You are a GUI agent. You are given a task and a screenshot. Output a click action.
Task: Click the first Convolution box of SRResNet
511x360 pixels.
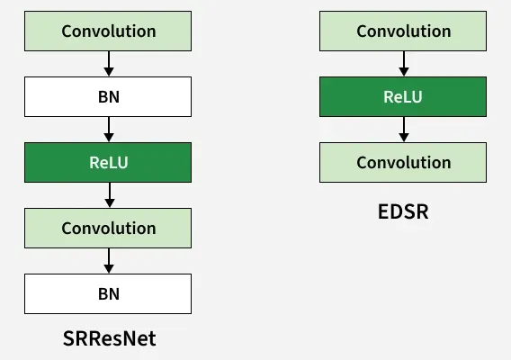(x=108, y=31)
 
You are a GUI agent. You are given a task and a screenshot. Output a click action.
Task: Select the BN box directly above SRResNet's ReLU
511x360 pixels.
(x=108, y=96)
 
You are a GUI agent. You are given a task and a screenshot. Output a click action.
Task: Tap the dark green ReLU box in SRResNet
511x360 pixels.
(x=108, y=162)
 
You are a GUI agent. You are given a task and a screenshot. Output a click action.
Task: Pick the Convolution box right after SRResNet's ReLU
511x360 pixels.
(x=108, y=228)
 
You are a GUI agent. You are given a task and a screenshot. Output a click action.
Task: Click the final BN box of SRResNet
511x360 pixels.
(x=108, y=293)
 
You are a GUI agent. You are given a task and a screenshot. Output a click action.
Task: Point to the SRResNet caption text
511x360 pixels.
(x=109, y=338)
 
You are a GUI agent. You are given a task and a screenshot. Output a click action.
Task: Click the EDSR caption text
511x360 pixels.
(x=403, y=212)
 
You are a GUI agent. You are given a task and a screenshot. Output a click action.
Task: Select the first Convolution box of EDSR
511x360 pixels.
(x=403, y=31)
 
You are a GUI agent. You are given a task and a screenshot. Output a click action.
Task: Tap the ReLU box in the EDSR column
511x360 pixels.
(x=403, y=96)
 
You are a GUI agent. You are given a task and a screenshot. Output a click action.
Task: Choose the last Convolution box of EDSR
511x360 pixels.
(x=403, y=162)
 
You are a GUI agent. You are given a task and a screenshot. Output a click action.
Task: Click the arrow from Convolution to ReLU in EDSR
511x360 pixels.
(x=403, y=63)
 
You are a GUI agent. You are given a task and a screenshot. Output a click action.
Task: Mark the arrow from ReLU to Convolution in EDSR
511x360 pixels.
(x=403, y=129)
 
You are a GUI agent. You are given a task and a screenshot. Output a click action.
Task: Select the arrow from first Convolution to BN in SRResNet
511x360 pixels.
(x=108, y=63)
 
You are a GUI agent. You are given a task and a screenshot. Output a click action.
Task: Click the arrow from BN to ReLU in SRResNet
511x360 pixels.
(x=108, y=129)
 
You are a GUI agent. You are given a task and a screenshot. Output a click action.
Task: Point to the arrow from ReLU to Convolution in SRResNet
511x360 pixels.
(x=108, y=194)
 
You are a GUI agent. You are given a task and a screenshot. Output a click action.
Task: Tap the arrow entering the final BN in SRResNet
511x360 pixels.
(x=108, y=260)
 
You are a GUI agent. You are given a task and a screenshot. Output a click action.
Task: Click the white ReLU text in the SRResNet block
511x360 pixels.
(x=108, y=162)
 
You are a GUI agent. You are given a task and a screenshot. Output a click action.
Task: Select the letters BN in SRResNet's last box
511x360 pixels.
(x=108, y=293)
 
